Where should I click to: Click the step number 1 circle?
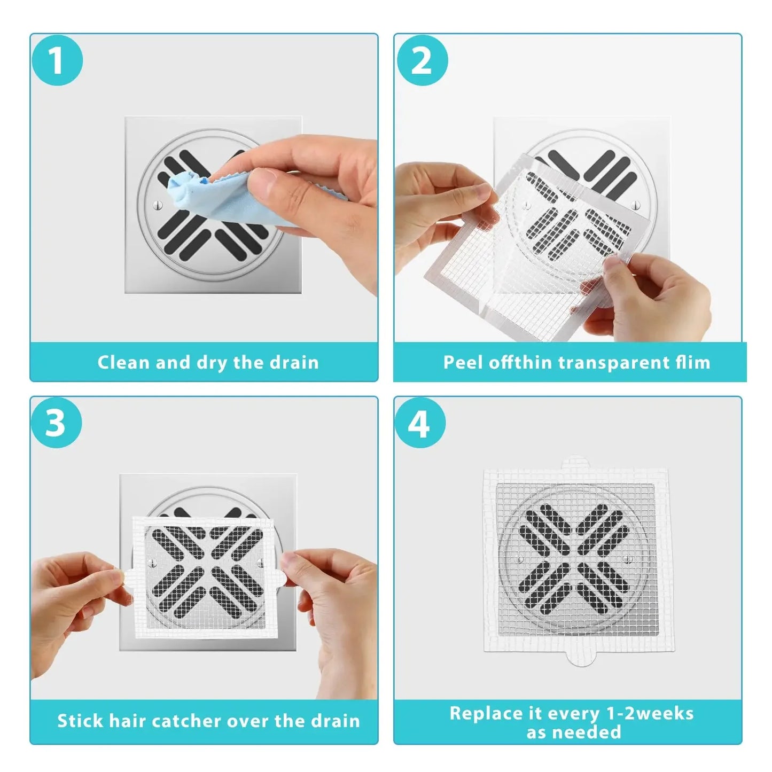(56, 60)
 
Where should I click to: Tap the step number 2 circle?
(421, 60)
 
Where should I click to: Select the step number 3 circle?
(56, 423)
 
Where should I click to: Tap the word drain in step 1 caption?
(294, 363)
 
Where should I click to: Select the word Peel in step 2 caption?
(464, 363)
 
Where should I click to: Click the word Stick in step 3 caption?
(80, 721)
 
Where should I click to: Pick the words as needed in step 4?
(573, 732)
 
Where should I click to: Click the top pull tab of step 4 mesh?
(575, 462)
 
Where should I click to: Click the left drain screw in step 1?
(155, 205)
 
